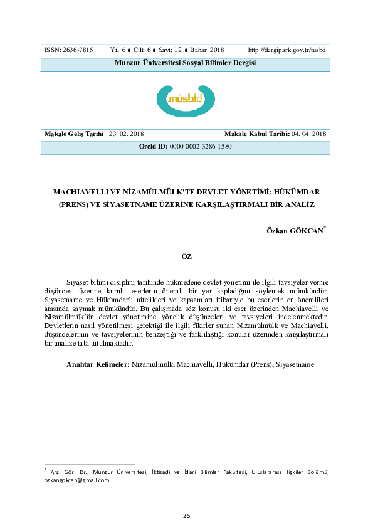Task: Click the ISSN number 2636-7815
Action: point(77,49)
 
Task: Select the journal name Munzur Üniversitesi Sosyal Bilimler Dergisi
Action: point(186,63)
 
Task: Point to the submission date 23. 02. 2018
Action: point(127,134)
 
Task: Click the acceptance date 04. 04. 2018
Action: point(309,134)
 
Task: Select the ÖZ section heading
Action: point(186,256)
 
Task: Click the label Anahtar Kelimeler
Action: point(98,364)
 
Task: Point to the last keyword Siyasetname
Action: point(295,364)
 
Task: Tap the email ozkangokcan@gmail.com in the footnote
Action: point(77,480)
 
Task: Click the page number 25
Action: point(186,515)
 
